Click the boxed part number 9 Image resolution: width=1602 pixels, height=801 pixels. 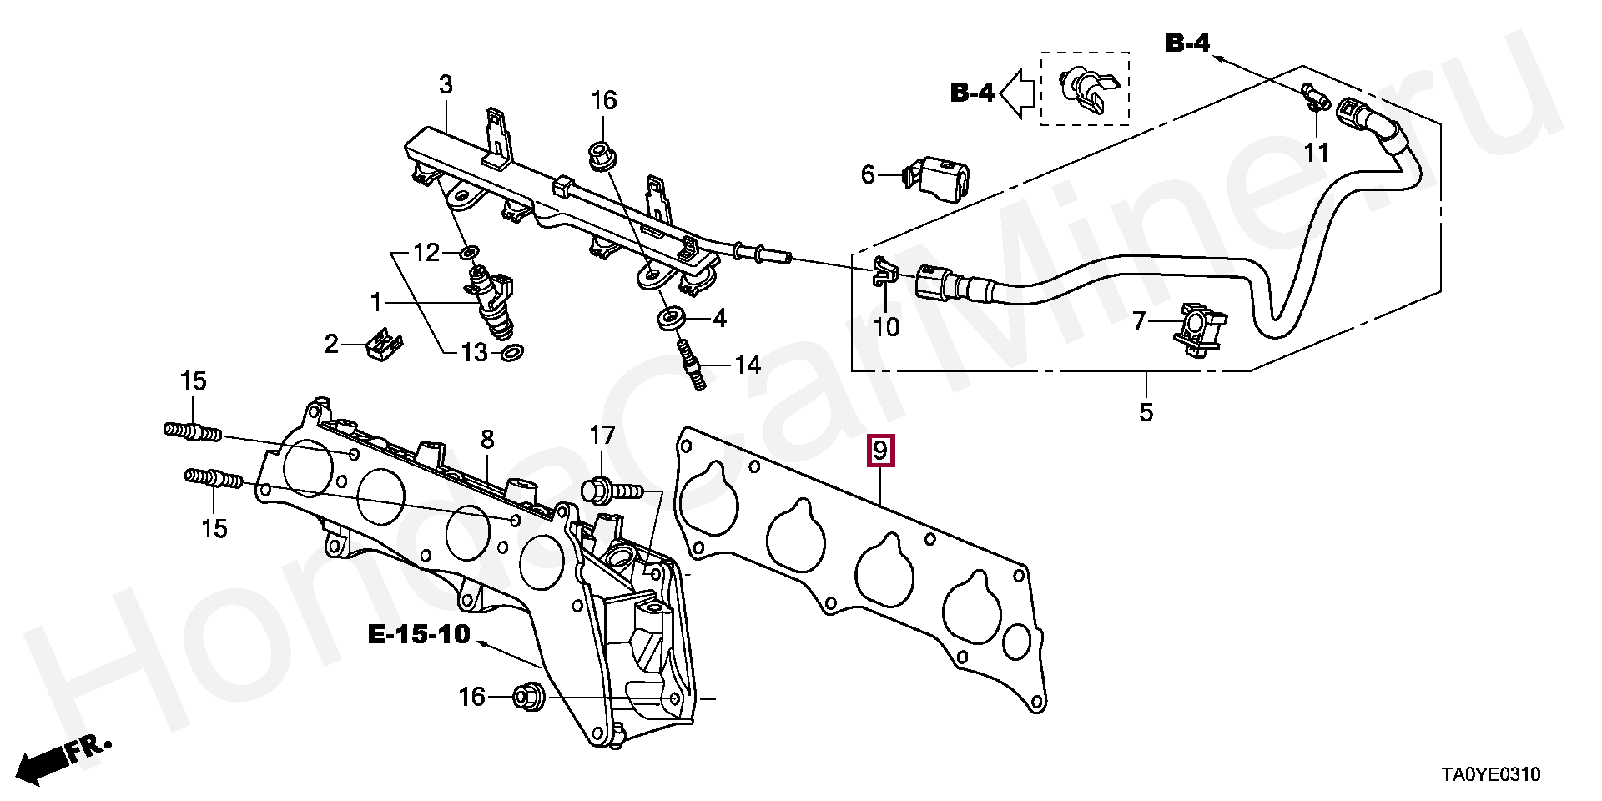coord(880,451)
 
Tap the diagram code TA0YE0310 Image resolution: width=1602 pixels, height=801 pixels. coord(1491,775)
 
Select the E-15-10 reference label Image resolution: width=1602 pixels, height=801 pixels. coord(420,635)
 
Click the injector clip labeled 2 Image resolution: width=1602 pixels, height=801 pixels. coord(384,344)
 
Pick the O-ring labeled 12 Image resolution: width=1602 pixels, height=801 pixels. coord(470,251)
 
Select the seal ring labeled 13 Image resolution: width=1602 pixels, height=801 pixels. coord(512,353)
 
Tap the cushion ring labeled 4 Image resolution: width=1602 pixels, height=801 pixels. coord(670,318)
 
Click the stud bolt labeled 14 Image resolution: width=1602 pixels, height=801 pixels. coord(692,363)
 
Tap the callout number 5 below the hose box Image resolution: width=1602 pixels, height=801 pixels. coord(1146,411)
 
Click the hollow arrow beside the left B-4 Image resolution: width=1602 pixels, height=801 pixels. coord(1017,93)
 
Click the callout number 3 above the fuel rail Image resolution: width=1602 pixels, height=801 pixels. coord(446,84)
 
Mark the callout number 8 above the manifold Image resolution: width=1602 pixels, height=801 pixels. coord(487,439)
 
